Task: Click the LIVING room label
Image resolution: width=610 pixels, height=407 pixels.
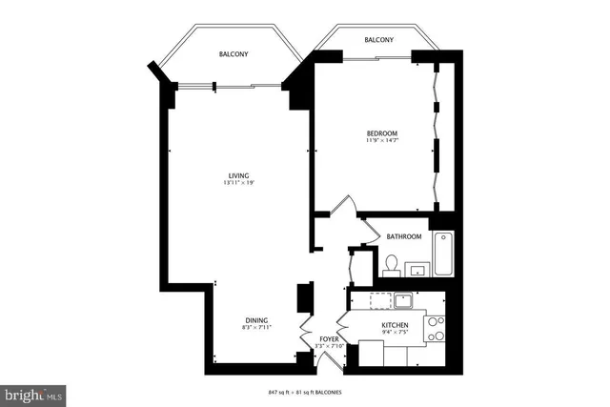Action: coord(238,175)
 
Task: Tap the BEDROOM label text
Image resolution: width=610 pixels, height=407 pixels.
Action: coord(381,132)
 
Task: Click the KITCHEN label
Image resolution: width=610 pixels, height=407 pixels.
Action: coord(395,326)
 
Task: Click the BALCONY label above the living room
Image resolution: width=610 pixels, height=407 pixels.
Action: coord(233,55)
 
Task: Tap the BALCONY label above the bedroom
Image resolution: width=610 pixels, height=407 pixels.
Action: coord(378,40)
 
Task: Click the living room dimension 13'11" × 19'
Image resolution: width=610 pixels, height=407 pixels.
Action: coord(238,183)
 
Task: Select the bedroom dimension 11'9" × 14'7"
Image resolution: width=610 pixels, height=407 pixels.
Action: coord(381,141)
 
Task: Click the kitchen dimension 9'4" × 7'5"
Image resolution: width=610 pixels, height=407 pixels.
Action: coord(395,334)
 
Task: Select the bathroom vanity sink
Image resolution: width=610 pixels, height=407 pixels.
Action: coord(417,272)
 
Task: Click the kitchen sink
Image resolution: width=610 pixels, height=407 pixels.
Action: coord(404,301)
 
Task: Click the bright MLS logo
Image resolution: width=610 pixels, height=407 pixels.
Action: coord(33,393)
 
